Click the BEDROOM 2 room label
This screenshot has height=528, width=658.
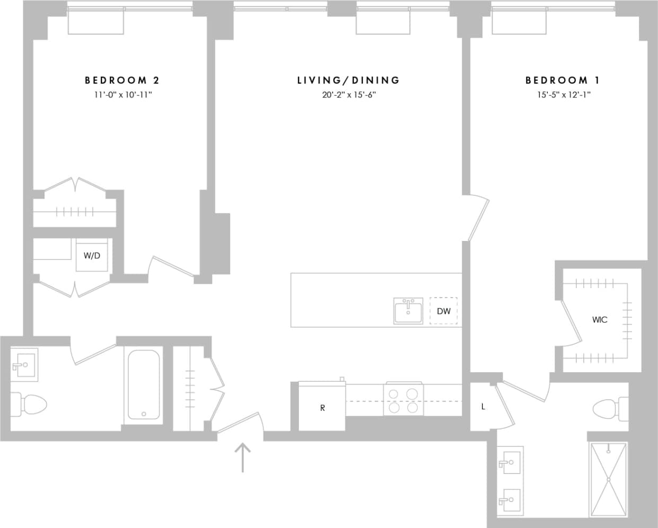(122, 80)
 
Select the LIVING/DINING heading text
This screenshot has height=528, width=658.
(348, 80)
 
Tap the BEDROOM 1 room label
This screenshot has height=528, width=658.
(563, 80)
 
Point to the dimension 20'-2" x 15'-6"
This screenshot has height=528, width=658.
(348, 95)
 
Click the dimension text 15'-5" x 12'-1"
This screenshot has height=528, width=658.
(564, 95)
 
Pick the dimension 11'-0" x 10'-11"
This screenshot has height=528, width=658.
(123, 95)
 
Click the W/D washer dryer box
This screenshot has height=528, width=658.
(92, 255)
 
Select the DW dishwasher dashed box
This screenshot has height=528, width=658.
(443, 311)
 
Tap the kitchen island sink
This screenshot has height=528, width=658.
(408, 311)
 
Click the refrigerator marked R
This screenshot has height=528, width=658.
(322, 407)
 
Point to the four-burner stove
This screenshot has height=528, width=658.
(403, 400)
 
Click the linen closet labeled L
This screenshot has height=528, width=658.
(483, 407)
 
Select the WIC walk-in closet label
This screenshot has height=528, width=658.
(600, 320)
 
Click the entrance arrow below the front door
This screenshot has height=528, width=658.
(243, 457)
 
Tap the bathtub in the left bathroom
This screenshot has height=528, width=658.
(144, 384)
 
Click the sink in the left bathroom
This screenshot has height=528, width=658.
(23, 364)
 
